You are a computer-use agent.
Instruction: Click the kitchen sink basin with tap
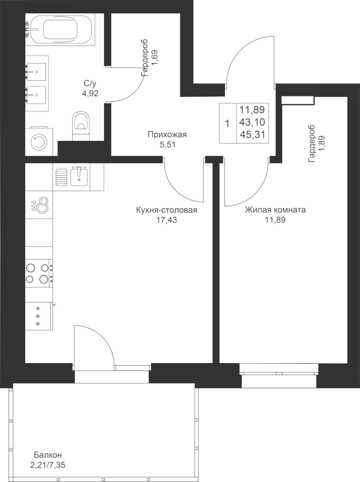click(x=79, y=176)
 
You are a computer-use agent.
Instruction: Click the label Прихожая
click(x=167, y=134)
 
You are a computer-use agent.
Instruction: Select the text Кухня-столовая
click(x=167, y=210)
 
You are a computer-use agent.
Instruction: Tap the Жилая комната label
click(x=275, y=210)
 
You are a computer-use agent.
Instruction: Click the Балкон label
click(x=48, y=455)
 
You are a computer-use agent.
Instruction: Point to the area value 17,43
click(x=167, y=220)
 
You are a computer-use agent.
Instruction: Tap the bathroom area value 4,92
click(x=90, y=93)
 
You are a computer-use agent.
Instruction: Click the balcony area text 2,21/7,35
click(x=48, y=465)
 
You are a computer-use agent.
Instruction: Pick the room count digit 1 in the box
click(x=227, y=124)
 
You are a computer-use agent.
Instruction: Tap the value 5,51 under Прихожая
click(x=167, y=144)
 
